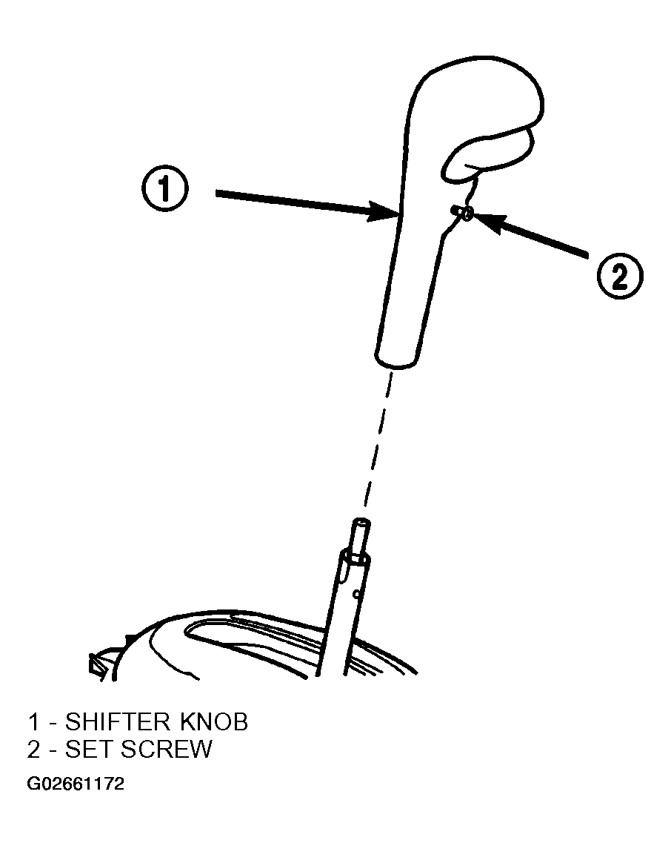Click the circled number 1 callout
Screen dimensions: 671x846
point(165,189)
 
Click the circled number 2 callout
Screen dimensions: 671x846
point(620,277)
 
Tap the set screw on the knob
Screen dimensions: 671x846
point(464,213)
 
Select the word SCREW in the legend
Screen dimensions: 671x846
point(167,749)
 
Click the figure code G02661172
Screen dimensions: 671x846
point(76,784)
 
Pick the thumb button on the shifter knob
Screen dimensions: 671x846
point(488,153)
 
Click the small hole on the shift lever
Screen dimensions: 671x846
point(355,595)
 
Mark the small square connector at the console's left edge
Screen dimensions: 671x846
point(96,664)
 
